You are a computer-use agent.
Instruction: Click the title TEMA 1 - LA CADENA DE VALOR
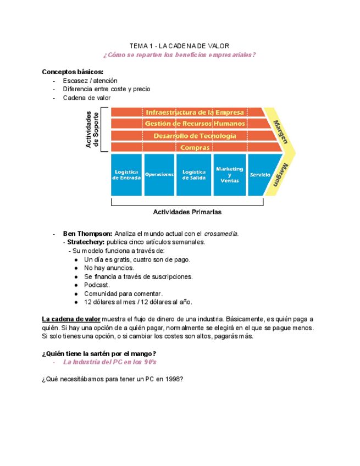[x=179, y=46]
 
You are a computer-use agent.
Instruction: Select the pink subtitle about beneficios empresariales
[x=179, y=55]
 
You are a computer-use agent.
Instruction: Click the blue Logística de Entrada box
[x=126, y=175]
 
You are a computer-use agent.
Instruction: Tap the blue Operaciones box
[x=159, y=175]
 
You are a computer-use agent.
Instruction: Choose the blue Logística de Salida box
[x=193, y=175]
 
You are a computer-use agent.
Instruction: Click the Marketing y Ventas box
[x=229, y=175]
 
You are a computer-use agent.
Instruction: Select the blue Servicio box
[x=260, y=175]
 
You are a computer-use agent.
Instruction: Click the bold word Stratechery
[x=84, y=242]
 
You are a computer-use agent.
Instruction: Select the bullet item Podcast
[x=97, y=285]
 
